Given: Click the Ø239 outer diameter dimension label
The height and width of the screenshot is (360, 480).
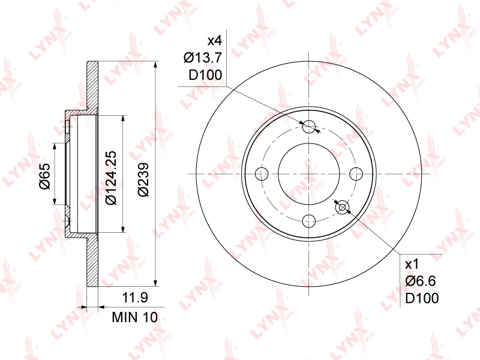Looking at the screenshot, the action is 143,179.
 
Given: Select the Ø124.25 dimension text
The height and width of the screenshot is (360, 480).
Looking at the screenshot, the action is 111,178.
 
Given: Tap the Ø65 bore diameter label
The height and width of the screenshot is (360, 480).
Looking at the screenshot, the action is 44,176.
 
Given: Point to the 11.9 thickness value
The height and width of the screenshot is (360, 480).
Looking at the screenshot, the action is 135,297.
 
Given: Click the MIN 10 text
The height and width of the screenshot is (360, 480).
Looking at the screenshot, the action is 134,317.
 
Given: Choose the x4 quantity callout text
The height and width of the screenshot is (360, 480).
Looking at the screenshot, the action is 214,40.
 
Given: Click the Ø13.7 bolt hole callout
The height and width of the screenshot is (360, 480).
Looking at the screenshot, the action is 202,58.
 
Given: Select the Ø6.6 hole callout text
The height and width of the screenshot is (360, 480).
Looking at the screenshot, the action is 421,281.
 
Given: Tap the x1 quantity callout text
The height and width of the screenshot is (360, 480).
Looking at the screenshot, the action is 412,264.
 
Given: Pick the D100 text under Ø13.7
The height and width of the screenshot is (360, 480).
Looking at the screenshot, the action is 205,75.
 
